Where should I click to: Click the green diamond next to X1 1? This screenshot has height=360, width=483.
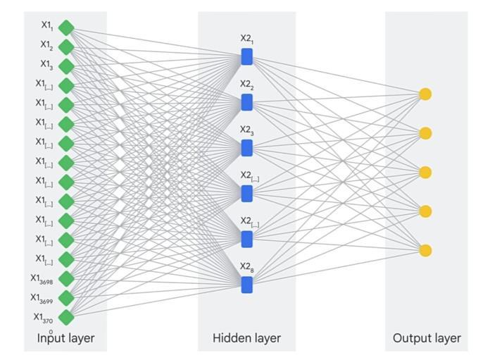(66, 27)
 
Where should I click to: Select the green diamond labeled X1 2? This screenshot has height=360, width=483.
(66, 47)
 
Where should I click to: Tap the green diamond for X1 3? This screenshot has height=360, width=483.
(66, 66)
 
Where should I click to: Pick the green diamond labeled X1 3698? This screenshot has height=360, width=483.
(66, 278)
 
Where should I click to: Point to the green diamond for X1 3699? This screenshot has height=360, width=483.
(66, 297)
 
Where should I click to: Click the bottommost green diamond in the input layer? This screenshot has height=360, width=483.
(66, 317)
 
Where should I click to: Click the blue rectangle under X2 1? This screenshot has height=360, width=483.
(246, 56)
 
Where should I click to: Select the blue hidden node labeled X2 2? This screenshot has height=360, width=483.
(246, 102)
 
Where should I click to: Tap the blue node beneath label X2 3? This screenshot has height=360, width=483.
(246, 148)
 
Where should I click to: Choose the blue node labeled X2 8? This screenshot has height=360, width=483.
(246, 285)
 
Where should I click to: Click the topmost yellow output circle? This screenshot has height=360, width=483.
(425, 94)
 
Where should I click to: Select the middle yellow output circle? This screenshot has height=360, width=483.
(425, 173)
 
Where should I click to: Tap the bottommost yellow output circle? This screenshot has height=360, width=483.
(425, 251)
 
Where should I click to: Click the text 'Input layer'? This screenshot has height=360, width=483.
(65, 338)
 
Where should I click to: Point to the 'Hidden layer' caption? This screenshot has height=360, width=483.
(246, 338)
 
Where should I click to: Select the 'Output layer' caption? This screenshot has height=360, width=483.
(427, 338)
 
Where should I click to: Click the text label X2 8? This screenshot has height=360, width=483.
(246, 266)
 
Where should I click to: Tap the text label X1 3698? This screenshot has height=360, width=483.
(42, 279)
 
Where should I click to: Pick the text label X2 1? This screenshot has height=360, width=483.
(246, 38)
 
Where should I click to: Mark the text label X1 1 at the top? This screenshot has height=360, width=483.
(47, 25)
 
